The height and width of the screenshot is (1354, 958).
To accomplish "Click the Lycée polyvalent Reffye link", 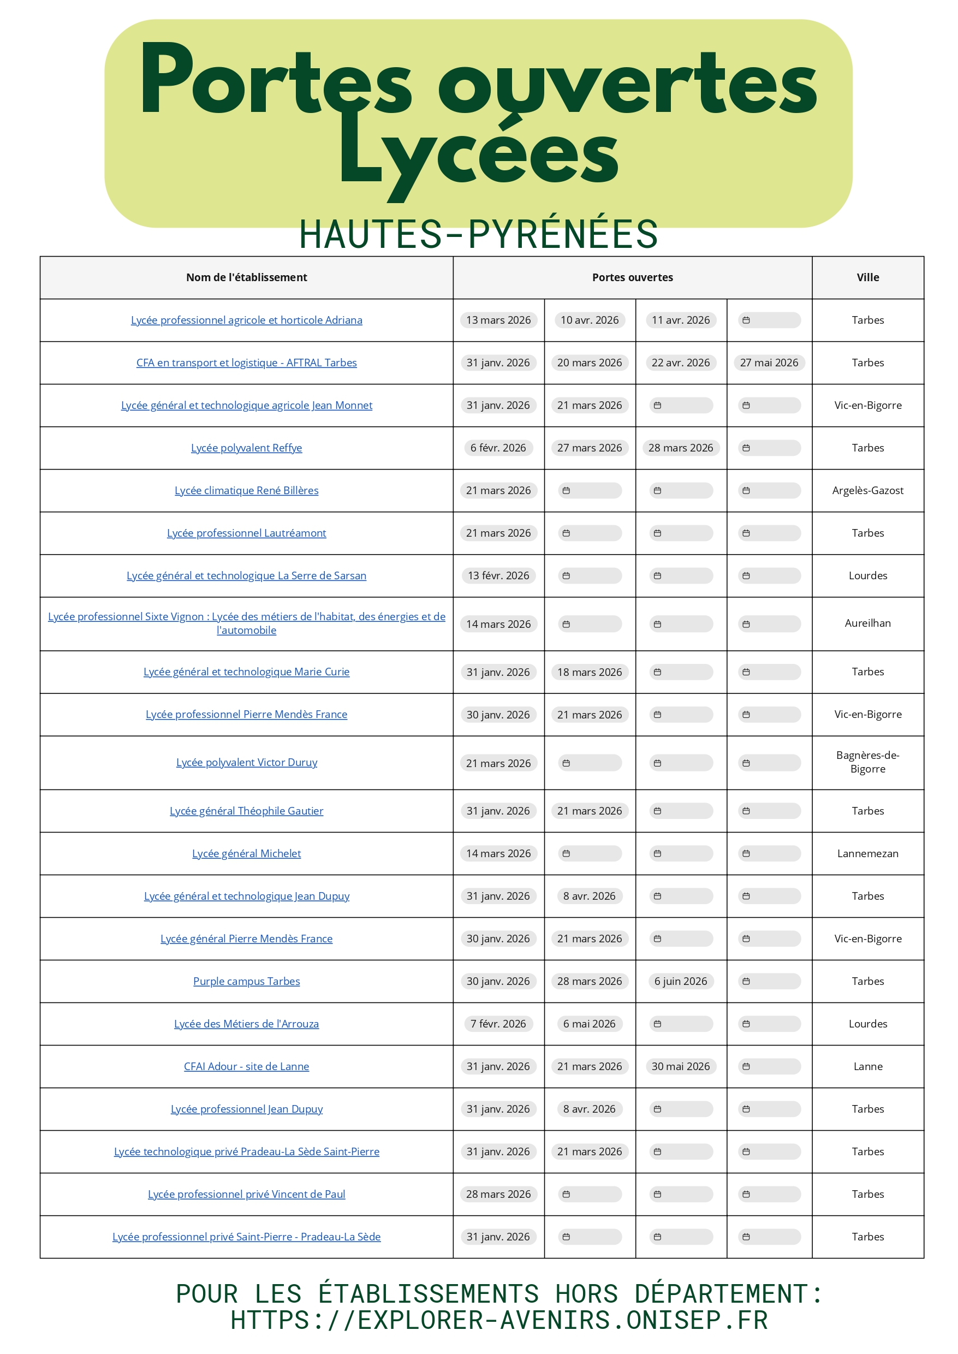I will [246, 448].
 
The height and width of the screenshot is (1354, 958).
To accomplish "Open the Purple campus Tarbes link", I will [246, 981].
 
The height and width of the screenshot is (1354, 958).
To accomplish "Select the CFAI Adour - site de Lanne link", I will [246, 1066].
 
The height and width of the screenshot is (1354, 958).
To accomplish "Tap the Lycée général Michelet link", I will [246, 853].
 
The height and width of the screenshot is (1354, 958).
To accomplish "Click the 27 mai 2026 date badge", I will [769, 363].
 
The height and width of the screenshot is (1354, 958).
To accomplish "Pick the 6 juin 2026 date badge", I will [680, 981].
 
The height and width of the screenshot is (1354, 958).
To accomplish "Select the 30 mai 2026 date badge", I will [680, 1066].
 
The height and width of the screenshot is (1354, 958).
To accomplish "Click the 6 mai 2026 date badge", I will [589, 1024].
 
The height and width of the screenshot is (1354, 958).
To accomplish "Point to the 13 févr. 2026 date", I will [498, 575].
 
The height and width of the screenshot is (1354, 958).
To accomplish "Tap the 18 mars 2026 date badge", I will [589, 672].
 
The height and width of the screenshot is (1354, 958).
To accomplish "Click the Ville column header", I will [867, 277].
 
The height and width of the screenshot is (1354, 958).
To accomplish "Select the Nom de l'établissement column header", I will [246, 277].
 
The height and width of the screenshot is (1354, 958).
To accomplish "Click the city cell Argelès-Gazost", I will [867, 490].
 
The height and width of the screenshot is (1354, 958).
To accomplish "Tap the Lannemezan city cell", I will [867, 853].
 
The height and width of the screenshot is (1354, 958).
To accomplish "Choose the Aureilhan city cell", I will [867, 623].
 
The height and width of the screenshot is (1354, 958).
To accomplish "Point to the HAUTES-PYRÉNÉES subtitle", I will [478, 234].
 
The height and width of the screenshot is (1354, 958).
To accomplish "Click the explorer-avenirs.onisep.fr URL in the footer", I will [498, 1320].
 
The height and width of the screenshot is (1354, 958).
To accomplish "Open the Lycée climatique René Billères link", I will [246, 490].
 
